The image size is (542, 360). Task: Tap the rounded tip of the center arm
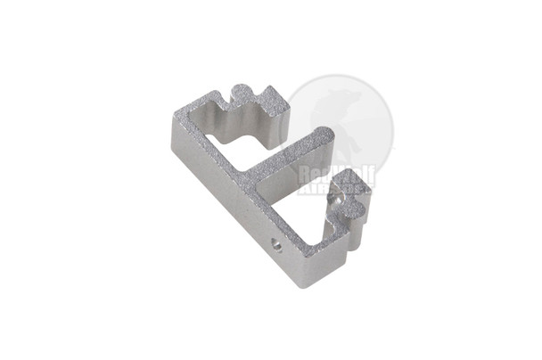click(x=325, y=136)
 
